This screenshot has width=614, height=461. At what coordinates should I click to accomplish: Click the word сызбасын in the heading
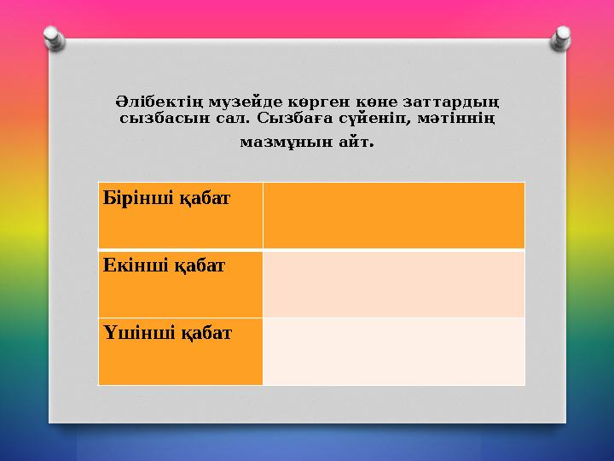(x=155, y=120)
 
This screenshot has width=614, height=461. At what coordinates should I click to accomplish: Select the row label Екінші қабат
(x=164, y=266)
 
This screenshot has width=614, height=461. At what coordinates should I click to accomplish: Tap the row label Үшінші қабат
(x=167, y=333)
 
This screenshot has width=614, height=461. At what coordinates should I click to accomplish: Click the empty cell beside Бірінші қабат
(x=393, y=215)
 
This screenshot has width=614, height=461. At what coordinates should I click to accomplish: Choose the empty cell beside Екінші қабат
(x=393, y=283)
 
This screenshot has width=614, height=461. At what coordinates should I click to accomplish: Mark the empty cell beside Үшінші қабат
(x=393, y=351)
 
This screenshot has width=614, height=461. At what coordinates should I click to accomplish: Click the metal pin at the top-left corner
(x=54, y=37)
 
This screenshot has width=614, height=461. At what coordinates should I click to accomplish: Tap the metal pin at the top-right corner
(x=561, y=37)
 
